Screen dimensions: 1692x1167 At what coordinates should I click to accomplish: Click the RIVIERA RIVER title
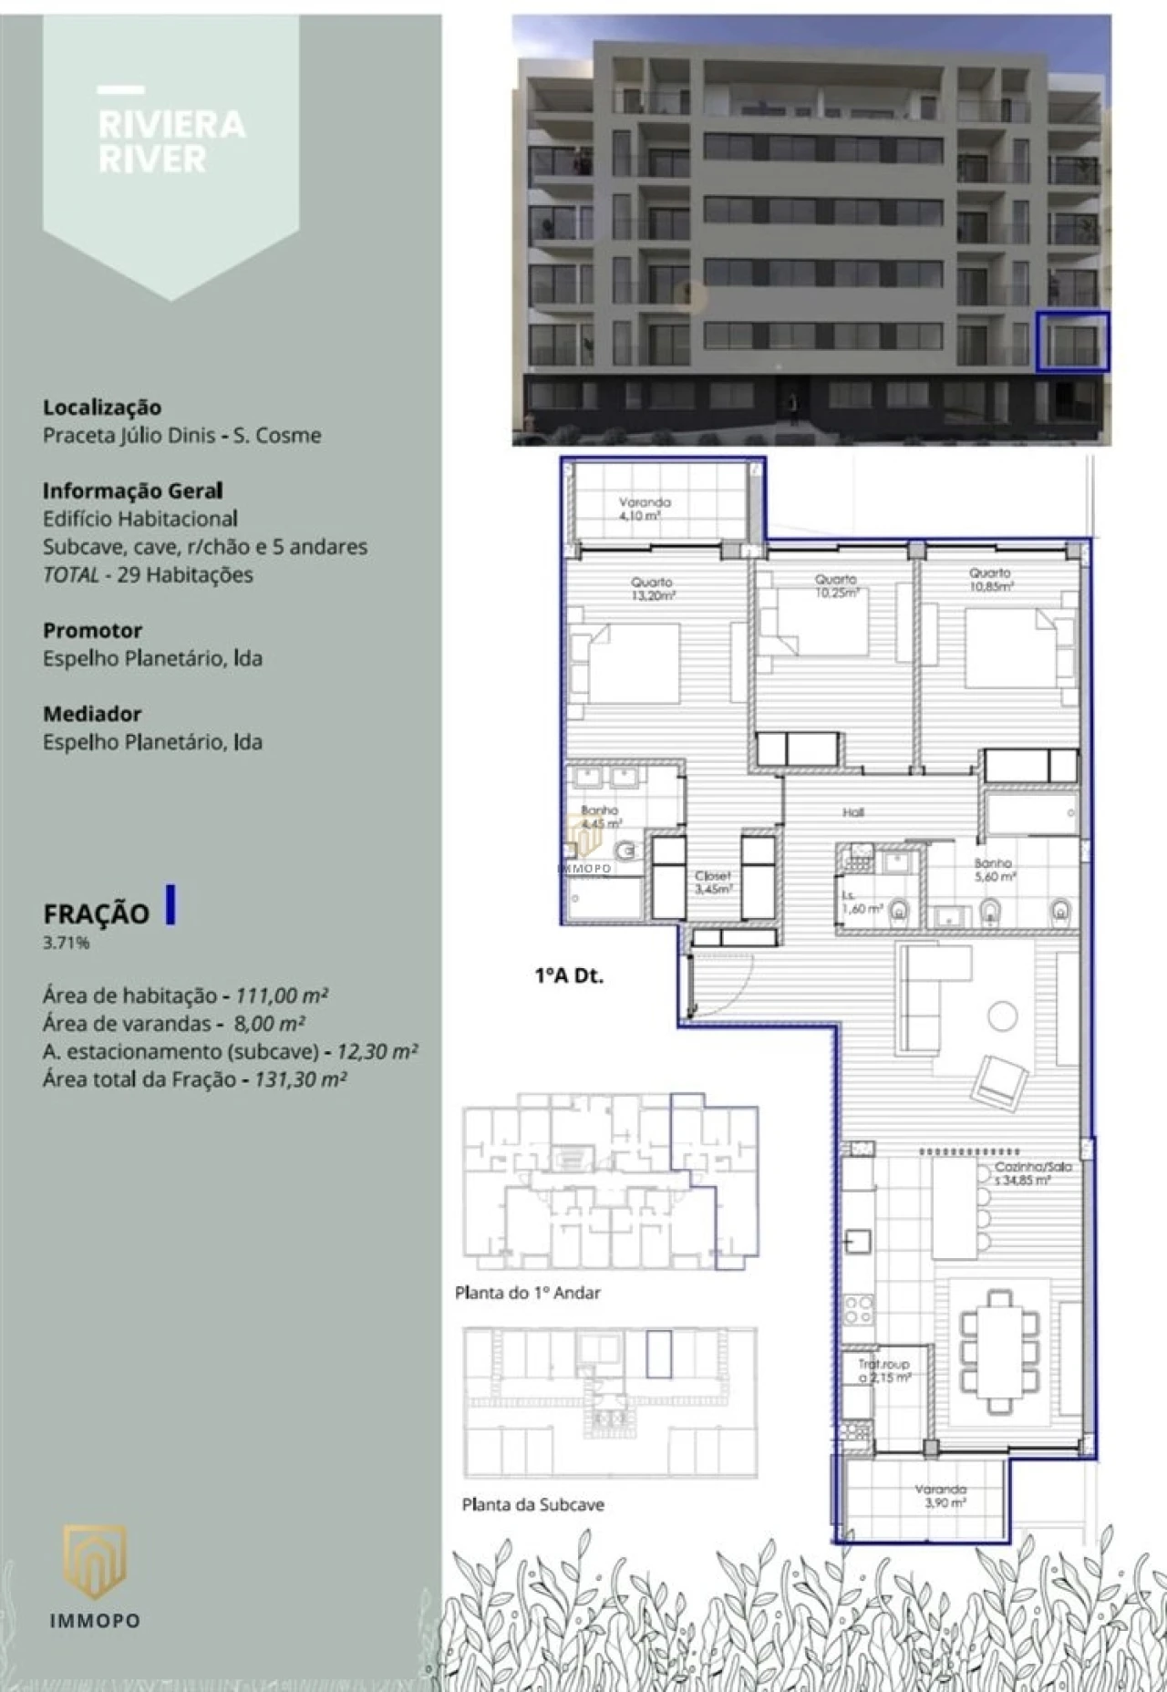click(171, 141)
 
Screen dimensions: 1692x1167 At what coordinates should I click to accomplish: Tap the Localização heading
click(102, 408)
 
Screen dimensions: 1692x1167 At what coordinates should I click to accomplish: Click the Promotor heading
click(92, 630)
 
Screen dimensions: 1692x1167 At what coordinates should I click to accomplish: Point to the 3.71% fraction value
click(67, 943)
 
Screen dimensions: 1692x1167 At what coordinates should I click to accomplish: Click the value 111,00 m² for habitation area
click(282, 995)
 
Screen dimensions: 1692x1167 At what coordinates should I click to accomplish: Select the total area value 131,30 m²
click(300, 1079)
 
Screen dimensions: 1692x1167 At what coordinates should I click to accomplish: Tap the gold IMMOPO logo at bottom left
click(94, 1561)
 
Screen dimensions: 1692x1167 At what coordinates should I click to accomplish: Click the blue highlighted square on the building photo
click(1072, 342)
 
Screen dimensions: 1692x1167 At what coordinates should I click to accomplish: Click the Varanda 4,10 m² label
click(645, 509)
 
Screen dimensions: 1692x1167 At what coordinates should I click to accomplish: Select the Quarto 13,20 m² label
click(652, 588)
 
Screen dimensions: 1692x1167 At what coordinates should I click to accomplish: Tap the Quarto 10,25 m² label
click(836, 585)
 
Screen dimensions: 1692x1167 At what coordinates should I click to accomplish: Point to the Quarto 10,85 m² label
click(990, 580)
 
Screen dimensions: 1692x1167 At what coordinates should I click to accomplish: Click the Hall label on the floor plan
click(852, 811)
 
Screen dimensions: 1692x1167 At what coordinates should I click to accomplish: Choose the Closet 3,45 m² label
click(712, 882)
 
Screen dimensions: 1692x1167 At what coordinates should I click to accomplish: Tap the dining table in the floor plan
click(1000, 1350)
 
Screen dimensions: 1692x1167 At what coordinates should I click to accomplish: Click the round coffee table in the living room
click(1003, 1016)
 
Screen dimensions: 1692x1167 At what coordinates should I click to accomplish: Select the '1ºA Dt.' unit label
click(569, 975)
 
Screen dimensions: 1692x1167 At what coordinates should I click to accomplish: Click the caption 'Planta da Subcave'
click(532, 1504)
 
